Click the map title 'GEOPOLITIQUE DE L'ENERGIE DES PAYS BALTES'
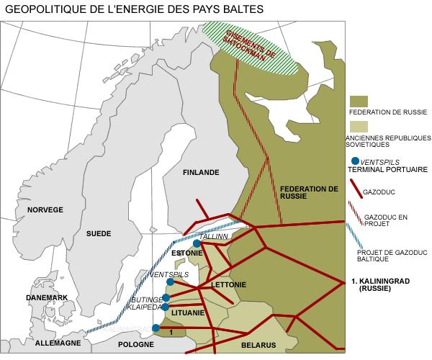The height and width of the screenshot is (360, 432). pos(130,9)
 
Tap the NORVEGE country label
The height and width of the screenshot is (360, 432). pos(45,210)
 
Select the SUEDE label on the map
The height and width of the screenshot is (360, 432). pos(99,234)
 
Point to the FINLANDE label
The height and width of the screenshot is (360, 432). pos(200,173)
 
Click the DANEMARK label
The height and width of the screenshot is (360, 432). pos(46,298)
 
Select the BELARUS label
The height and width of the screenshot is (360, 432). pos(258,346)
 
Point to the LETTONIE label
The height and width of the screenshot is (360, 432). pos(229,285)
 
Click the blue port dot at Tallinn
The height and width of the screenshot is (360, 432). pos(197,243)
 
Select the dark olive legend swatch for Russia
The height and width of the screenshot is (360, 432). pos(358,101)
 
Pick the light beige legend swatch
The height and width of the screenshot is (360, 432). pos(358,125)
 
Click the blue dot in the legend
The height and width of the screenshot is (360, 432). pos(354,161)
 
